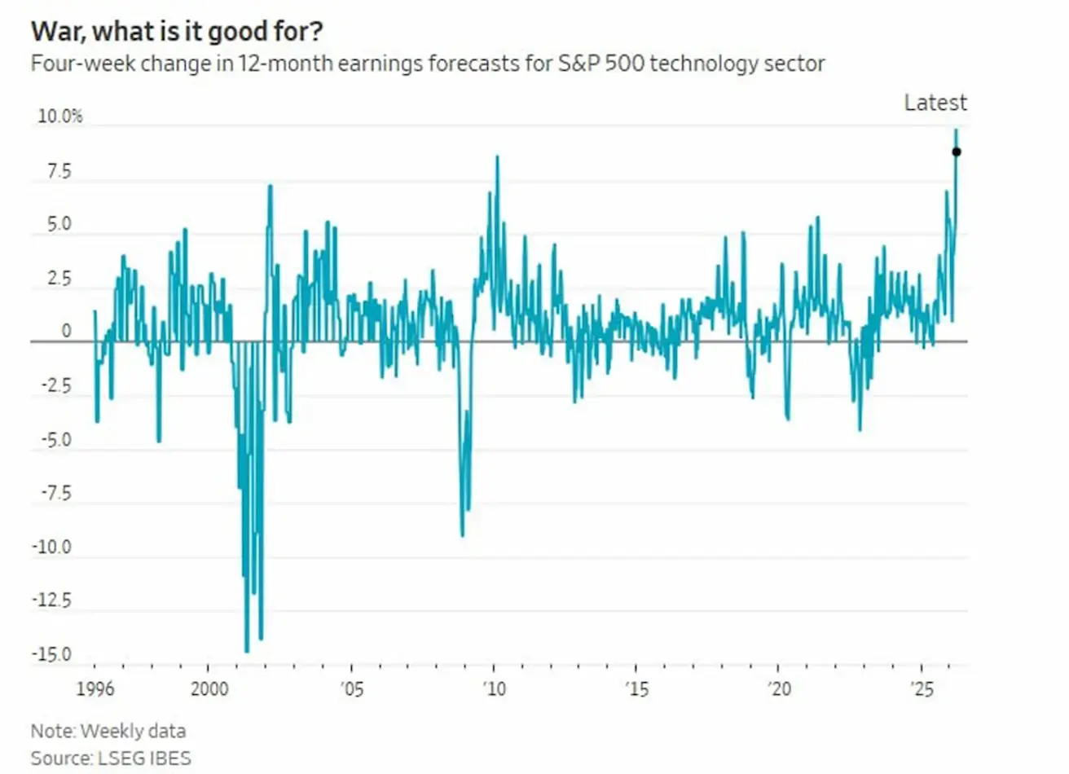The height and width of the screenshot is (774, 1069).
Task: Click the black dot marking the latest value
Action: pos(957,152)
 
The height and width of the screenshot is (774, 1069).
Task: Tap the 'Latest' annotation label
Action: pos(935,103)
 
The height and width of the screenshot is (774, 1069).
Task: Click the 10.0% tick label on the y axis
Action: pos(59,117)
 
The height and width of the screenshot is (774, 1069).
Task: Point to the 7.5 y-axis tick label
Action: pos(59,172)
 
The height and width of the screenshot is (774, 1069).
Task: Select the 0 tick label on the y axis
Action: pos(67,332)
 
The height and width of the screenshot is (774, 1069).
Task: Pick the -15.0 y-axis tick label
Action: pos(51,655)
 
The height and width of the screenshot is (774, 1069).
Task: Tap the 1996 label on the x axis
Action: pos(95,689)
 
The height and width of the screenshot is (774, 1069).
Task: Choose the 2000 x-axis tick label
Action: pos(209,689)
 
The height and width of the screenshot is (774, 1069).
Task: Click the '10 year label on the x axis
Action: pos(493,689)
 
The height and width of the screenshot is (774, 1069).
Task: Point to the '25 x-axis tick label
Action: pos(922,689)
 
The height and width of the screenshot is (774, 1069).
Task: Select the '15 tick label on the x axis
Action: pos(636,689)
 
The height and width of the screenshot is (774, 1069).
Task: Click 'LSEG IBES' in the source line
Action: pos(144,758)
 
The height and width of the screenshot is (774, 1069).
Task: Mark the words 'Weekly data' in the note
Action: pos(133,731)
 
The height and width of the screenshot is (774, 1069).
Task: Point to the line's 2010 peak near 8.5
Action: pos(497,156)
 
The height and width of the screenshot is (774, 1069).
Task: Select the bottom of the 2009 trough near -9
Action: pos(462,535)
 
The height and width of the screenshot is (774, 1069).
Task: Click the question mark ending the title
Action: pos(315,31)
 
